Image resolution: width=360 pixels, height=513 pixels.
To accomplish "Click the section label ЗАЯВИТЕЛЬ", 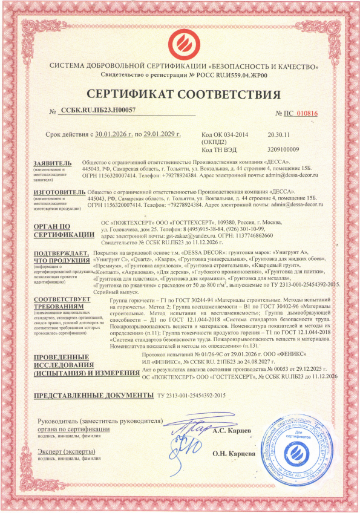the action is (56, 163).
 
